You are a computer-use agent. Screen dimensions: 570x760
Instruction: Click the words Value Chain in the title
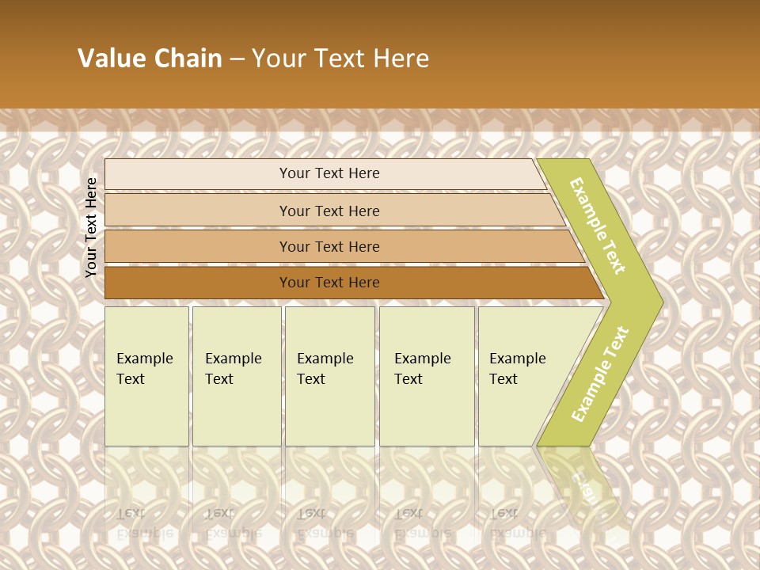click(x=150, y=59)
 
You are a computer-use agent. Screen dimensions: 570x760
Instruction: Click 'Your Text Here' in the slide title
click(x=340, y=59)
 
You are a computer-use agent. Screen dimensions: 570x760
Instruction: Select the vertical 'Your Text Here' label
click(x=92, y=227)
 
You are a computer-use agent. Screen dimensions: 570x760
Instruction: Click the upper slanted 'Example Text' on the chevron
click(x=598, y=226)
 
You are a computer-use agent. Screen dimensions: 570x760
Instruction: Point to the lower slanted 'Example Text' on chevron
click(x=600, y=374)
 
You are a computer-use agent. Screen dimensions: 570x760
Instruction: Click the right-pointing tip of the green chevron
click(x=659, y=302)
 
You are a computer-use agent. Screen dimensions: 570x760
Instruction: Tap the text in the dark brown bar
click(x=329, y=283)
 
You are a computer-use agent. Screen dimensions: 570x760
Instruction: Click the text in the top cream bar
click(x=329, y=173)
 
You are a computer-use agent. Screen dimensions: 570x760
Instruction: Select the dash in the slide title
click(x=237, y=59)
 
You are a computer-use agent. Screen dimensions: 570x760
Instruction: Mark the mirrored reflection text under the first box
click(x=145, y=522)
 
